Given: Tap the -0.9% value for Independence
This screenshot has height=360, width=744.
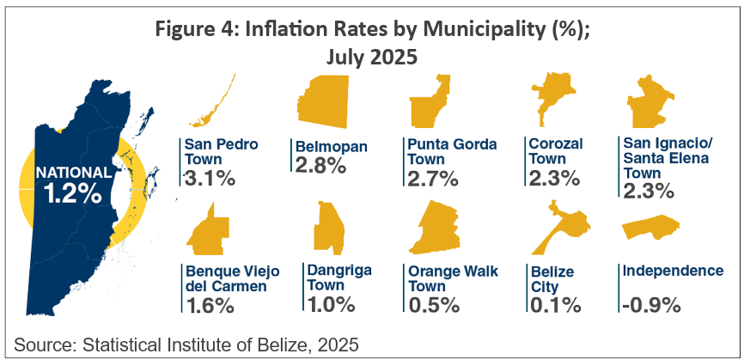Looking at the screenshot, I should click(x=649, y=304).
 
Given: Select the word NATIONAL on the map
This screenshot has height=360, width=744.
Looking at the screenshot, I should click(x=73, y=172).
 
